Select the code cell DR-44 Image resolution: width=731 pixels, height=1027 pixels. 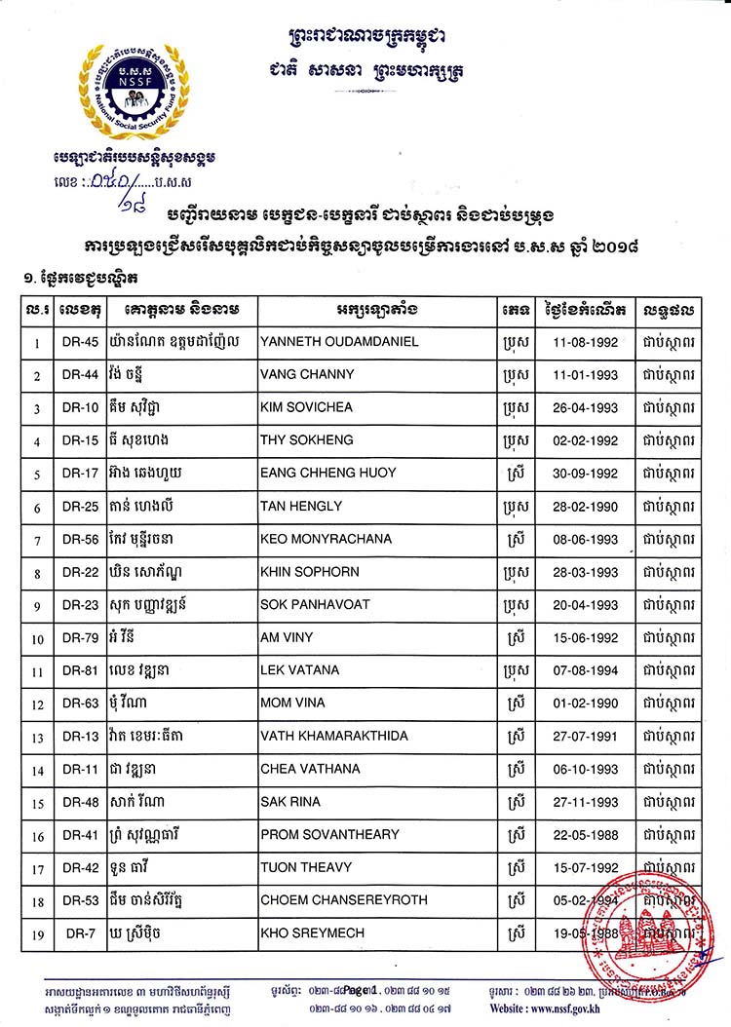(x=80, y=375)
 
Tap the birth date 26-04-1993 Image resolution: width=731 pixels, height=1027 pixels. (x=581, y=407)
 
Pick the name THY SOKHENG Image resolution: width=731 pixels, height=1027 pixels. (x=300, y=440)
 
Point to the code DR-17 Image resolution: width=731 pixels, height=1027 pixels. (x=80, y=474)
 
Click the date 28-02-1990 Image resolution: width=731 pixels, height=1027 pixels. (x=581, y=506)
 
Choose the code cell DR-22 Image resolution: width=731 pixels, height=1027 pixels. (x=80, y=572)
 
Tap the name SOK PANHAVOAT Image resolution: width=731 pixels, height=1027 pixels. (x=315, y=604)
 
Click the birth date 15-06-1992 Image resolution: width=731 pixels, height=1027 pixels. (x=581, y=637)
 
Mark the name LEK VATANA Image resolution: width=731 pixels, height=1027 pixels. (x=298, y=670)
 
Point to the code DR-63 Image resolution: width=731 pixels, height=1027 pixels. (x=80, y=704)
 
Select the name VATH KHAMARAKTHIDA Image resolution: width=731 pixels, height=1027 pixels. (x=333, y=736)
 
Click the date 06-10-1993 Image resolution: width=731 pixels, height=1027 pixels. (x=581, y=769)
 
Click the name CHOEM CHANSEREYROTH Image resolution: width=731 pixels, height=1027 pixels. (x=343, y=900)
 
